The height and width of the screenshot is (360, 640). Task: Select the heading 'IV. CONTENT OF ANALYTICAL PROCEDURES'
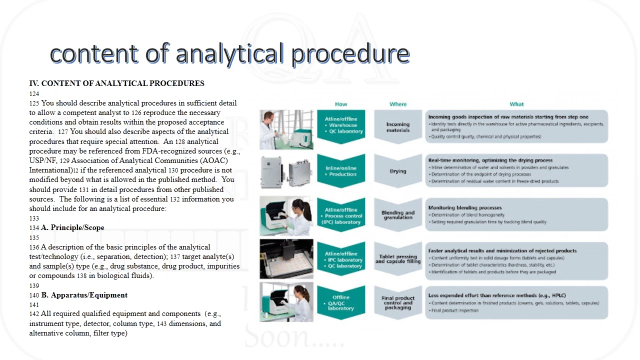pos(116,83)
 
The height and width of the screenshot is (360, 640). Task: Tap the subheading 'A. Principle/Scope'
pos(72,227)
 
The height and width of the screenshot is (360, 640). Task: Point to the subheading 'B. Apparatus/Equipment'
pos(84,295)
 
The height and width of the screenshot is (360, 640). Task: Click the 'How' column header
pos(341,104)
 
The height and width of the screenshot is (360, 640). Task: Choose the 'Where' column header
pos(398,104)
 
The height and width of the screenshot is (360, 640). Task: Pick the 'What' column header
pos(516,104)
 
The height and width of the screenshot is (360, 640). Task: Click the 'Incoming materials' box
pos(398,127)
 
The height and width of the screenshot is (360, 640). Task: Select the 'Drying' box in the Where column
pos(398,171)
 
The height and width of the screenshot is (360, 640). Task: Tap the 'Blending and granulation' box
pos(398,215)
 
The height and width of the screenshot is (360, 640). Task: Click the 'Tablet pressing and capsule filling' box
pos(398,259)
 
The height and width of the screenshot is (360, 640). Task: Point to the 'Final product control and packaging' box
pos(398,302)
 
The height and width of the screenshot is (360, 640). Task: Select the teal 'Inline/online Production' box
pos(341,171)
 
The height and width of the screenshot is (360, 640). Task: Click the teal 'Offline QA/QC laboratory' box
pos(341,302)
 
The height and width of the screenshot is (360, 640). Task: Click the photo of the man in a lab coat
pos(286,129)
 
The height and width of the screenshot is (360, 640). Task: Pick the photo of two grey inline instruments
pos(286,171)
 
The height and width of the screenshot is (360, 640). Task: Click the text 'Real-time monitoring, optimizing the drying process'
pos(490,160)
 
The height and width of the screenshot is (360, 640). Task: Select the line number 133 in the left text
pos(34,218)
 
